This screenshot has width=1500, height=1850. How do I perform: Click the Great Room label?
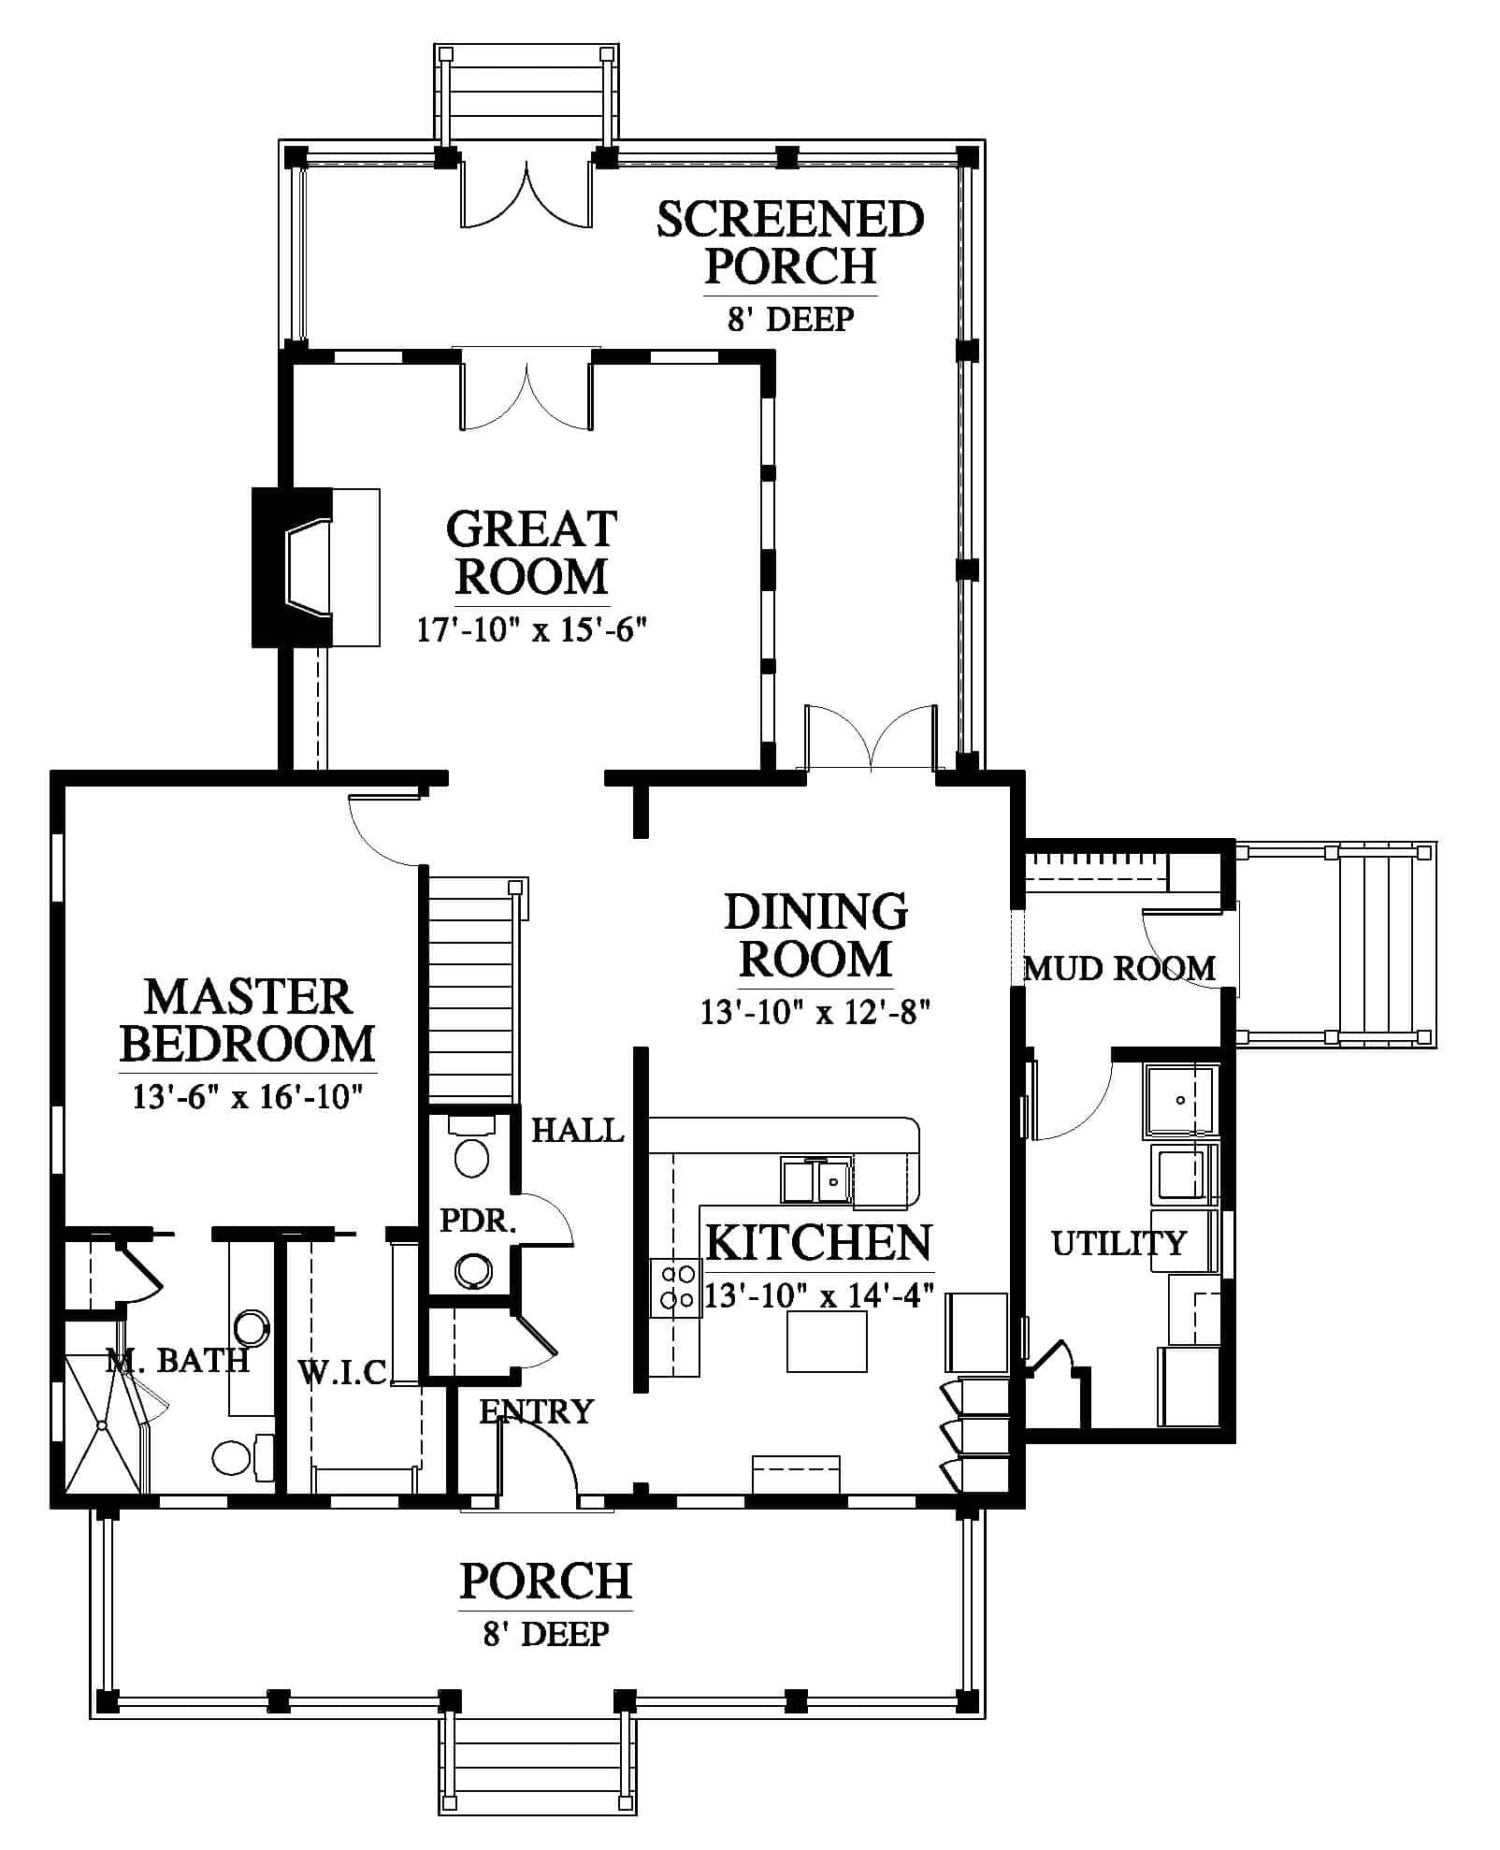(x=531, y=553)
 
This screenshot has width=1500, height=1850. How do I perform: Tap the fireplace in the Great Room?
(x=315, y=567)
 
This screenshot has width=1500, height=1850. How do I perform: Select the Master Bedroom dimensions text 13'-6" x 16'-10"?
(x=247, y=1096)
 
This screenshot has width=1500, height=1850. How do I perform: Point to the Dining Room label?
(x=815, y=934)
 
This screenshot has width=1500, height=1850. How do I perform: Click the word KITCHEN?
(x=818, y=1243)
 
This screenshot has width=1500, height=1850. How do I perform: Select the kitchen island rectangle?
(x=827, y=1341)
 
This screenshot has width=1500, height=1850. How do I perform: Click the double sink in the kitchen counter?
(x=816, y=1180)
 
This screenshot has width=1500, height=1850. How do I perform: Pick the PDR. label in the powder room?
(x=478, y=1221)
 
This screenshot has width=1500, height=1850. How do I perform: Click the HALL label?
(x=577, y=1131)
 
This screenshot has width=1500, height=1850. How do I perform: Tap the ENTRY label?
(x=536, y=1410)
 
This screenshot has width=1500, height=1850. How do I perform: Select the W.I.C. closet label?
(x=342, y=1372)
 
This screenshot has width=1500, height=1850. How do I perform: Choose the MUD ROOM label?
(x=1119, y=968)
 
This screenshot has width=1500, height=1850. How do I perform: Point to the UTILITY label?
(x=1118, y=1243)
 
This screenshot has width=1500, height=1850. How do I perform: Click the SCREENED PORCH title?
(x=790, y=242)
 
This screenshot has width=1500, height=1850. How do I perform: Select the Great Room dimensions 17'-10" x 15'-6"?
(x=532, y=629)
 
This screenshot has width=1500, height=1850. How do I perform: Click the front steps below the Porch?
(x=537, y=1765)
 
